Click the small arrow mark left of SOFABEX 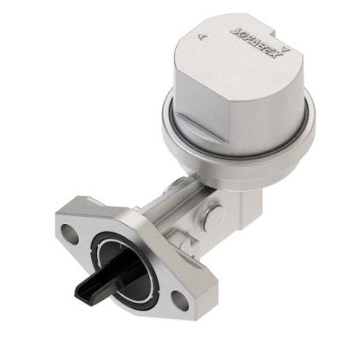coord(201,37)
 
